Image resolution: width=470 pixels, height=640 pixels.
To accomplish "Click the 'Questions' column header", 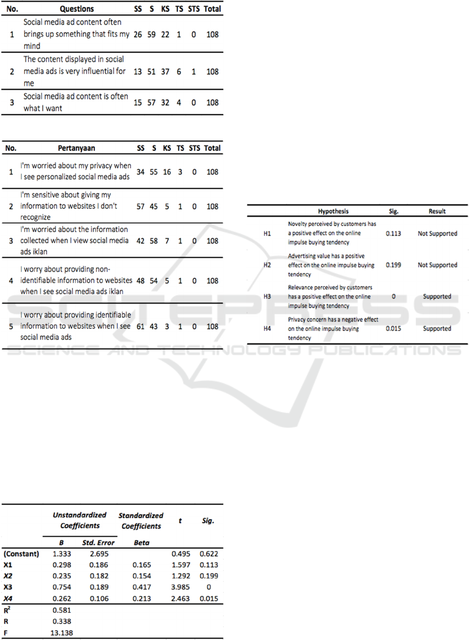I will (77, 9).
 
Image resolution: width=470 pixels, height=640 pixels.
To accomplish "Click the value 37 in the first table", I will (165, 71).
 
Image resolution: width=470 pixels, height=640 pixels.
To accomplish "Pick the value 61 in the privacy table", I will (141, 327).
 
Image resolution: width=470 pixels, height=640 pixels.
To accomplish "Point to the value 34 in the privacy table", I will (141, 172).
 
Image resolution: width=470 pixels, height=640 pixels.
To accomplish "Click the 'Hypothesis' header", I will (333, 211).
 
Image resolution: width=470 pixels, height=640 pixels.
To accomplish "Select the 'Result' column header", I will (437, 211).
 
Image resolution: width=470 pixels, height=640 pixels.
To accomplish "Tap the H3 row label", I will (267, 297).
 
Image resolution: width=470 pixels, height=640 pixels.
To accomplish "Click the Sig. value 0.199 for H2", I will (393, 265).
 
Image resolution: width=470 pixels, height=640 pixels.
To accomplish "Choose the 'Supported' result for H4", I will (437, 329).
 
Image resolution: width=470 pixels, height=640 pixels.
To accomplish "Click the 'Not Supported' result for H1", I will (437, 234).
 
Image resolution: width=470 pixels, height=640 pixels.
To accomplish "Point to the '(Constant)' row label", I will (21, 554).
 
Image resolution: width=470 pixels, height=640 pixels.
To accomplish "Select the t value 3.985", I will (180, 588).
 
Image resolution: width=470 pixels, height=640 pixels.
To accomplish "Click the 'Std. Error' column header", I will (98, 542).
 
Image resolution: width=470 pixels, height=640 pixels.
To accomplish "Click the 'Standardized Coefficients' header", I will (141, 521).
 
